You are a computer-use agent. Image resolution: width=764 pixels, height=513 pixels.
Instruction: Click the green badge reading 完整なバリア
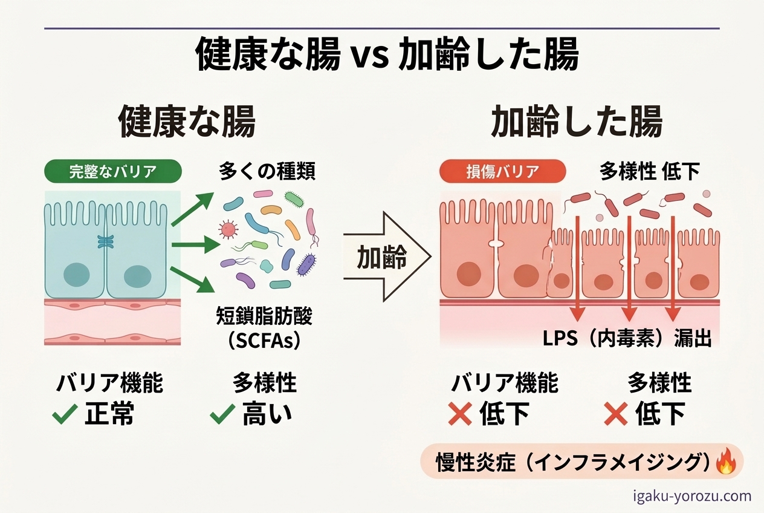click(x=113, y=171)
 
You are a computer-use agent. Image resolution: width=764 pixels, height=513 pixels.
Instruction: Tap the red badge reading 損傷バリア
click(x=503, y=171)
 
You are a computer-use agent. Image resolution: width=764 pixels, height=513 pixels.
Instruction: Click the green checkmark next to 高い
click(x=222, y=415)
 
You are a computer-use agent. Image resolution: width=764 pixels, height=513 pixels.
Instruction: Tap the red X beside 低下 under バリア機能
click(x=459, y=415)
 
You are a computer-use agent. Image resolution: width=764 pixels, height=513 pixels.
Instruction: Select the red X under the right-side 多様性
click(x=616, y=415)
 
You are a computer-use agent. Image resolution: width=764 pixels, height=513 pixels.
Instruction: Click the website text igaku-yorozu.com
click(x=692, y=497)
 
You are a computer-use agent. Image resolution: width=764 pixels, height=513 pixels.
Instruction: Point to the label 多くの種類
click(x=267, y=172)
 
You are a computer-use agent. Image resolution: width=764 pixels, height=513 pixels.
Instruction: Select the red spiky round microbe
click(x=228, y=229)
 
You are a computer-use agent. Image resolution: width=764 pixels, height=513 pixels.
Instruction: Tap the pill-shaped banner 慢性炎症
click(x=580, y=462)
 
